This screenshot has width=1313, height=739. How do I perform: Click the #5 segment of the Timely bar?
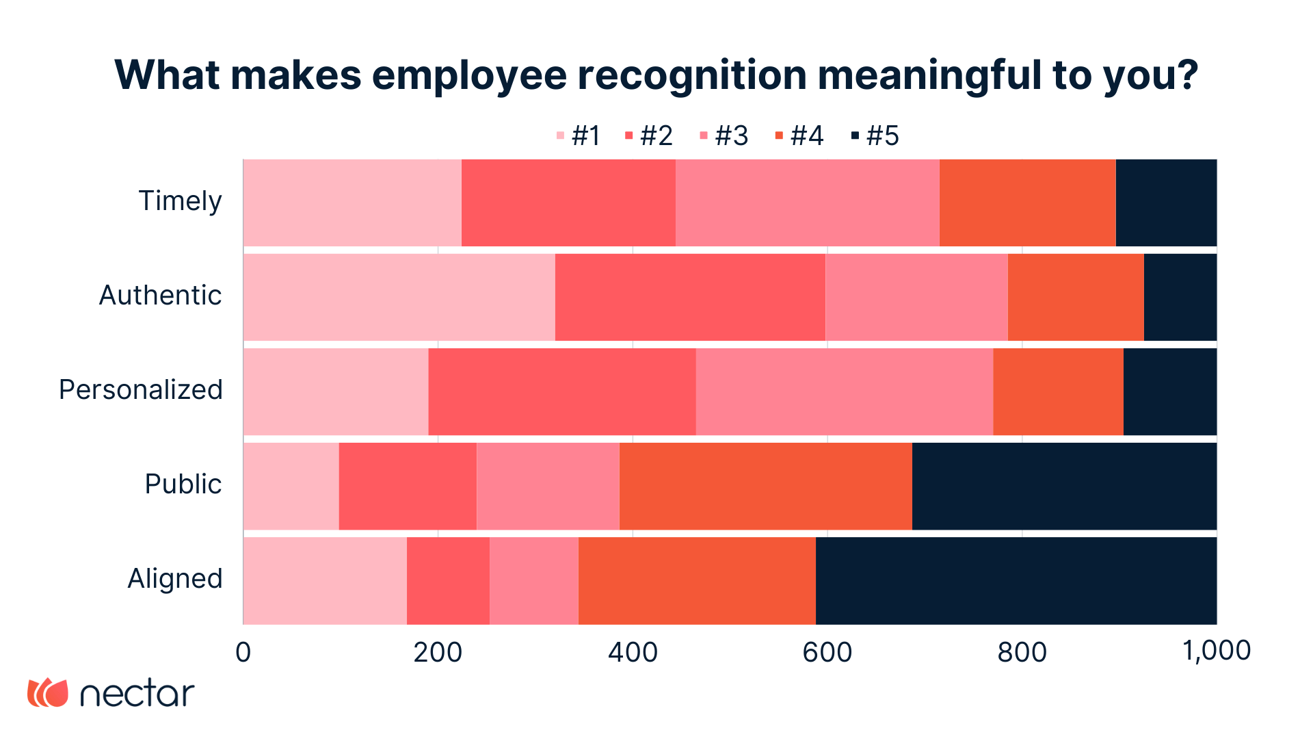1166,203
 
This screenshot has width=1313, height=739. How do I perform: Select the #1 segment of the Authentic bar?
399,297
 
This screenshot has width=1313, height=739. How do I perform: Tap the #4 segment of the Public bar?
765,486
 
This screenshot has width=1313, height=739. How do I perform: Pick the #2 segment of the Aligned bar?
448,580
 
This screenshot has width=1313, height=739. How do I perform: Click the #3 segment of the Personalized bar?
844,391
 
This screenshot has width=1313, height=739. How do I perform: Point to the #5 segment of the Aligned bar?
1016,580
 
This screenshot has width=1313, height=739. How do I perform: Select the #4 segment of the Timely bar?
1027,203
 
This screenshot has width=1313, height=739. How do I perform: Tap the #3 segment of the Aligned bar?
533,580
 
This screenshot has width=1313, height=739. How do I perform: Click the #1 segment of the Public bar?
291,486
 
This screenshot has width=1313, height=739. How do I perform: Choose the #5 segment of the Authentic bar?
1180,297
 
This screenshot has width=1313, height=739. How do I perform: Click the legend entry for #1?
579,136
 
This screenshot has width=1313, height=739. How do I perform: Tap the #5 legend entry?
875,136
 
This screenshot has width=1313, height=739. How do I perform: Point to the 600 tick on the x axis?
827,652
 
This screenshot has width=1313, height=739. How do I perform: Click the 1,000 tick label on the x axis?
1217,651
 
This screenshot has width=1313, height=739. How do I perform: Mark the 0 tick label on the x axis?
243,652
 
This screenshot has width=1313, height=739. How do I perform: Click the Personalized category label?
141,390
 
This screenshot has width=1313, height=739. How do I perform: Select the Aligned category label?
175,579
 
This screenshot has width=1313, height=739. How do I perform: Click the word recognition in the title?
691,75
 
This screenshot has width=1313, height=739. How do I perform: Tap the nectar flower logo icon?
48,692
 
